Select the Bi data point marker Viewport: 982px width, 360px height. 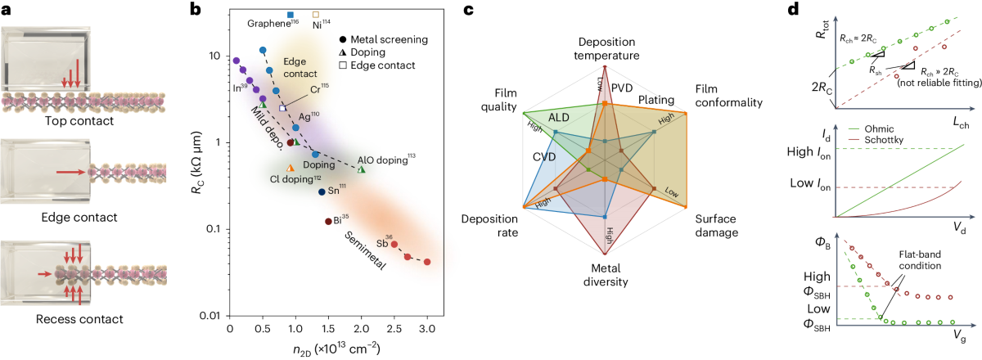pos(328,222)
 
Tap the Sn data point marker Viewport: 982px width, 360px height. pos(322,191)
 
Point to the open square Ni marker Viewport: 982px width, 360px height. pos(317,15)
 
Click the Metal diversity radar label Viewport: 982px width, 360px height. pos(604,275)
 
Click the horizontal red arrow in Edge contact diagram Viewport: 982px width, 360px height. pos(72,173)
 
